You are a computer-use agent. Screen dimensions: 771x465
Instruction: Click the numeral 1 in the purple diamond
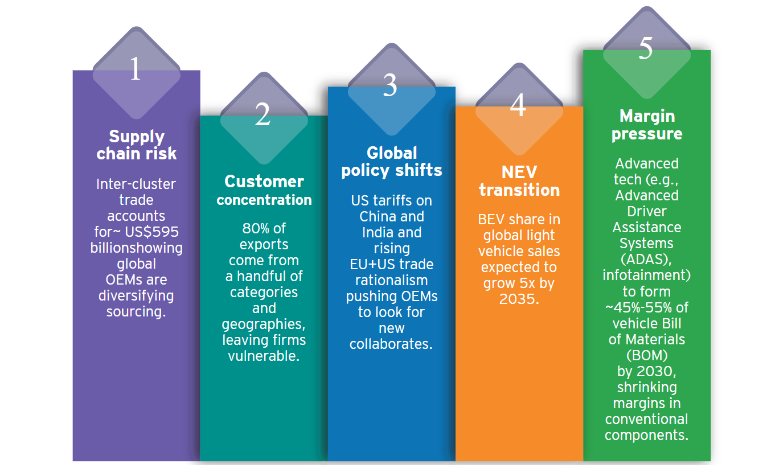click(136, 68)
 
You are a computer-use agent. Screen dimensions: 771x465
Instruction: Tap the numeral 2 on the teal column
click(263, 114)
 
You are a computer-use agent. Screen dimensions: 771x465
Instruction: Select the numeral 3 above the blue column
click(390, 85)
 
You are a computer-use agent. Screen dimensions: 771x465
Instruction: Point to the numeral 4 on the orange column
click(518, 105)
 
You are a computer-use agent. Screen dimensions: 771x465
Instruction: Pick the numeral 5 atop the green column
click(645, 48)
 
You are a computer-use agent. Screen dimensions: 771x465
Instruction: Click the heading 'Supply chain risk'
click(137, 145)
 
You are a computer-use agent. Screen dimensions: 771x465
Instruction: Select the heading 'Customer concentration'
click(264, 191)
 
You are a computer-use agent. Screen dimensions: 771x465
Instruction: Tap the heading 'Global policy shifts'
click(392, 162)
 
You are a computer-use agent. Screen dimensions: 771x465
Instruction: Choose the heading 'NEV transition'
click(519, 181)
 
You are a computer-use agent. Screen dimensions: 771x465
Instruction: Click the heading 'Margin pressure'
click(647, 125)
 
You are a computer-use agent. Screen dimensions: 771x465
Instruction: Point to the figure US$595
click(152, 232)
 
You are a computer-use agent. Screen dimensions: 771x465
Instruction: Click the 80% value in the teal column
click(255, 228)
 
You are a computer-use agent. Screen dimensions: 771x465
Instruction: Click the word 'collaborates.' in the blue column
click(391, 344)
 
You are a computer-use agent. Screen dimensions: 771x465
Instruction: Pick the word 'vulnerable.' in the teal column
click(264, 356)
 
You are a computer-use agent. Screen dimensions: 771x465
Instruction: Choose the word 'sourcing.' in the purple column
click(136, 311)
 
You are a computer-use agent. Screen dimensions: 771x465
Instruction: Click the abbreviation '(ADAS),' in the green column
click(646, 260)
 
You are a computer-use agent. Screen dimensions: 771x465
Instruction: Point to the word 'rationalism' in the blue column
click(392, 280)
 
